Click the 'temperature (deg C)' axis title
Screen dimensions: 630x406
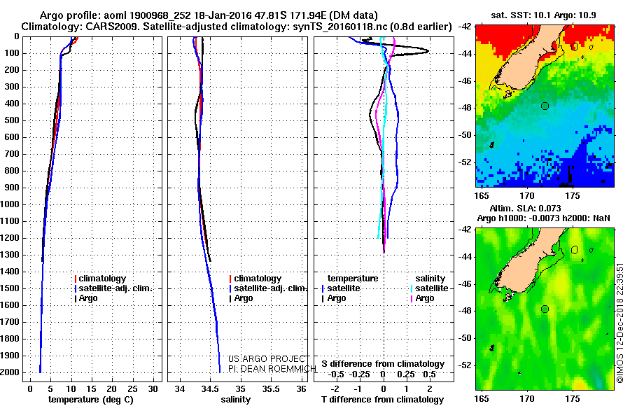pos(90,399)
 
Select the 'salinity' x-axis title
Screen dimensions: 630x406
pos(235,399)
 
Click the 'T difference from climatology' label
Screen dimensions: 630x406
pos(382,399)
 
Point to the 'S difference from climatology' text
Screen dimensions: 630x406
pos(383,364)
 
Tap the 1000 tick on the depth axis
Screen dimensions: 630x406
pos(10,204)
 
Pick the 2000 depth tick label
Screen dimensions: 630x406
pos(10,372)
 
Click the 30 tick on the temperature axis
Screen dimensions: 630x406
pos(153,388)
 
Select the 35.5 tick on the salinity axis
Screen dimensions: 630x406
pos(271,388)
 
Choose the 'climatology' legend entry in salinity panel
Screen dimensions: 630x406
pos(255,278)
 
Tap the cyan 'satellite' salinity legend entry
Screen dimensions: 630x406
pos(429,288)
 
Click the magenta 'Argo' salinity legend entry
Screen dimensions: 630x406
pos(422,298)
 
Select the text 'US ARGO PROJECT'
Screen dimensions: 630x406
pos(267,358)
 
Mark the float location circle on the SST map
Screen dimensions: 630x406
pos(545,106)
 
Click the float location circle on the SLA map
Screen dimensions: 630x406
pos(545,309)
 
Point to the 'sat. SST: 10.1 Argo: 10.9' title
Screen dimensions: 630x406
pos(544,15)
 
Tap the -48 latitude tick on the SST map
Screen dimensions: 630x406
pos(465,108)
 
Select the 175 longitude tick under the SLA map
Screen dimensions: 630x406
pos(573,398)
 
